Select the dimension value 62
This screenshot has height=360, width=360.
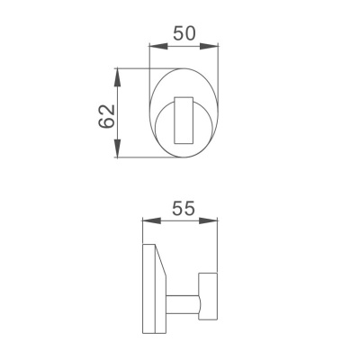pos(107,114)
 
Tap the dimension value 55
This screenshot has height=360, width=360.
pos(184,208)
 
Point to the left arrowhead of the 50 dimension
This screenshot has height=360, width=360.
pos(152,45)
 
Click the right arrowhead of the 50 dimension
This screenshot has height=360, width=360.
pos(217,45)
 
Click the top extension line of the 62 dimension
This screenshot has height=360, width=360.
pos(135,67)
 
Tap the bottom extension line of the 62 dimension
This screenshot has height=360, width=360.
pos(135,159)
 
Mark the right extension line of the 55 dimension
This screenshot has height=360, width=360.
pos(220,243)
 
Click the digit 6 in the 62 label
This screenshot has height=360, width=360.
pos(107,122)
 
